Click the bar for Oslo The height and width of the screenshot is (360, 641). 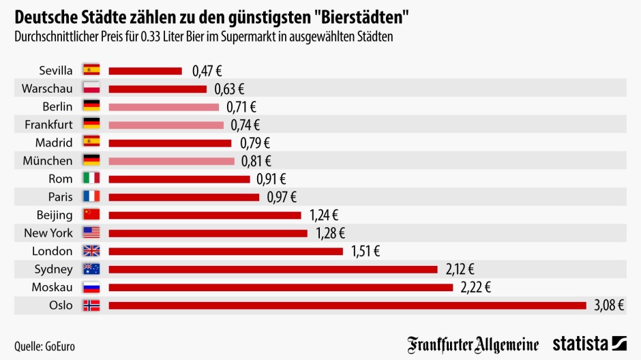(347, 305)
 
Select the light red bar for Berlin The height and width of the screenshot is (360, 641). (164, 106)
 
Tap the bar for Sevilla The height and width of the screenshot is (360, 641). (145, 70)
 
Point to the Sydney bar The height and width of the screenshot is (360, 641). (273, 269)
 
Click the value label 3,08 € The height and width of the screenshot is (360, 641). (609, 305)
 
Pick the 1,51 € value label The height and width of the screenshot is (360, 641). (366, 251)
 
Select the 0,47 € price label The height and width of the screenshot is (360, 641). (207, 70)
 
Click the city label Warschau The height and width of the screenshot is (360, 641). (47, 89)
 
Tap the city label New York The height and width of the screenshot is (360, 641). (48, 232)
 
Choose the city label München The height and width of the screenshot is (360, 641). (47, 161)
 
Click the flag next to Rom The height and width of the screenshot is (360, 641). (91, 179)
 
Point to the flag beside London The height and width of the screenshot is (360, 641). (91, 251)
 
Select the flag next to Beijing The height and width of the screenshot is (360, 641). (91, 215)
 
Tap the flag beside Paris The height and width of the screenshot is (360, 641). (91, 196)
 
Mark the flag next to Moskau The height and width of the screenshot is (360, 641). (91, 287)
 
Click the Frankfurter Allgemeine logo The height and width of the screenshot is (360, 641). (473, 344)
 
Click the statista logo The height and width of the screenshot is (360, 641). (590, 344)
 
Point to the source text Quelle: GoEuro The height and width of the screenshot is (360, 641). (44, 346)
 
